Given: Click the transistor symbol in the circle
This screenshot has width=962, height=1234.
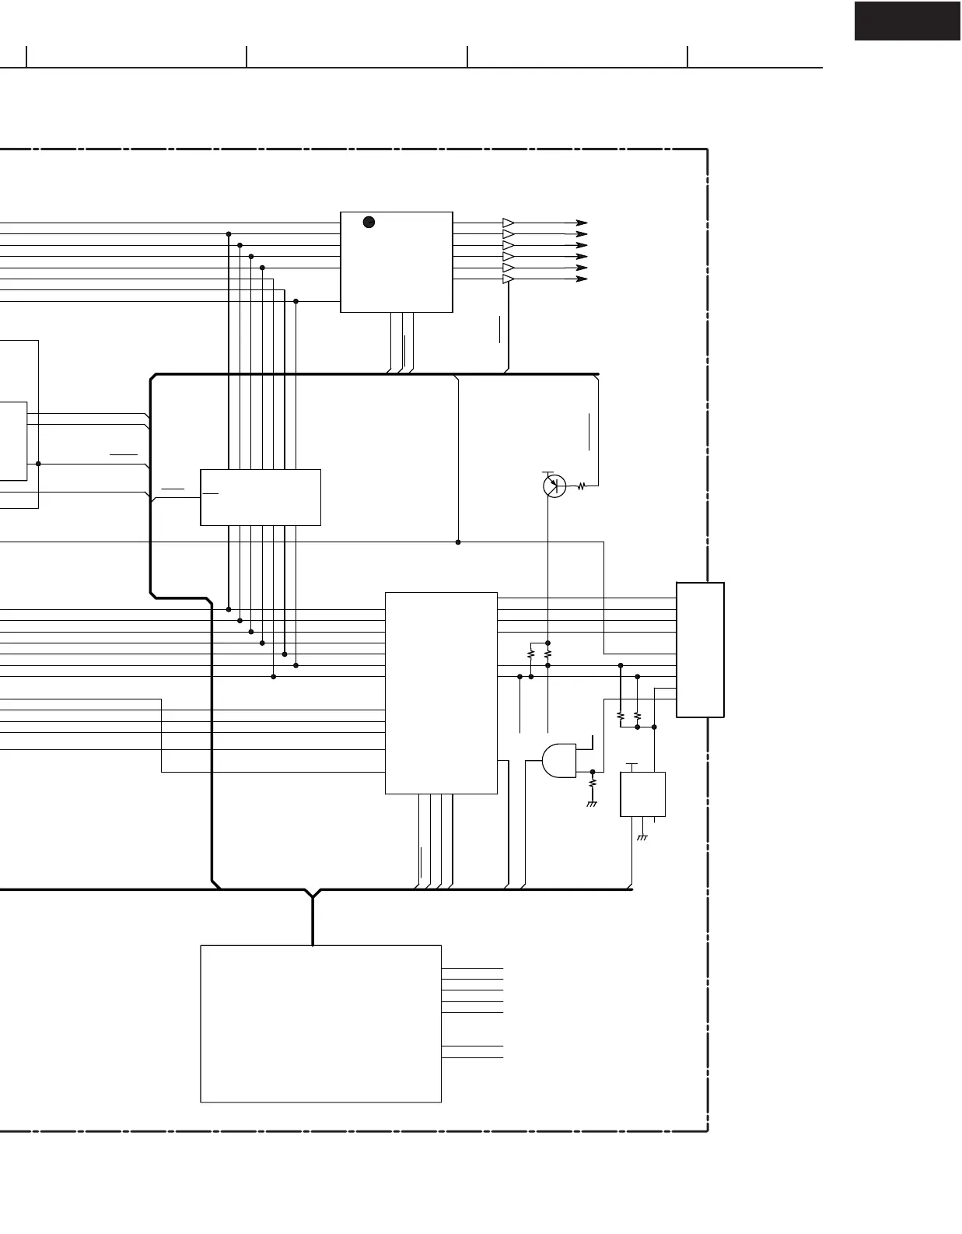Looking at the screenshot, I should pos(554,486).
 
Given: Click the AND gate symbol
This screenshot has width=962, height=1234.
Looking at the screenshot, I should pos(559,761).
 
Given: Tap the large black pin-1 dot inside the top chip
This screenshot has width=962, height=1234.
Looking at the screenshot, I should pos(369,223).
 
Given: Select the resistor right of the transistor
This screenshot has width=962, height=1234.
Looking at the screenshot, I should pos(581,487).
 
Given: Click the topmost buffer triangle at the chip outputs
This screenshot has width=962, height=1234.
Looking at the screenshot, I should pos(509,223).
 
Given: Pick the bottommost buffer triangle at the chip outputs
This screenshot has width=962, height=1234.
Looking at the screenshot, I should pos(509,279).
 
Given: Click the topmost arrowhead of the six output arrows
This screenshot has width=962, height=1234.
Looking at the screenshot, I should pos(582,223).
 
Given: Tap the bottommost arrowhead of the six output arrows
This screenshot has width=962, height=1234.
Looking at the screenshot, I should pos(582,279).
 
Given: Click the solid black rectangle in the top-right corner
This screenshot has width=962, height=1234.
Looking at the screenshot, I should pos(907,21).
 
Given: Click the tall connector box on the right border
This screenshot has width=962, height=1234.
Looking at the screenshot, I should pos(700,650).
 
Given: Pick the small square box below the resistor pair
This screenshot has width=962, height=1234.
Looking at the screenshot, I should pos(642,794).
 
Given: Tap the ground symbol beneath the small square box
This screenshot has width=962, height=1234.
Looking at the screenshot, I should pos(642,837).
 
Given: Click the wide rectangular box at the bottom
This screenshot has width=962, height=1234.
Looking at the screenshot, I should pos(320,1023).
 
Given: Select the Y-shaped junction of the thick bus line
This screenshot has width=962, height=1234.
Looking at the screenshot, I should pos(313,895).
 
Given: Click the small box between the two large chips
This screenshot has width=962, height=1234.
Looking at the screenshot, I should pos(261,497).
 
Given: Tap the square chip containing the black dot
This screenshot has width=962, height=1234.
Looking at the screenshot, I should pos(397,262).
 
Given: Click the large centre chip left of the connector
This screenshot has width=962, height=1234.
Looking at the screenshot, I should pos(441,692).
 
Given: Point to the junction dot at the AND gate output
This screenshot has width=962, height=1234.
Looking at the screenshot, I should pos(593,772).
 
